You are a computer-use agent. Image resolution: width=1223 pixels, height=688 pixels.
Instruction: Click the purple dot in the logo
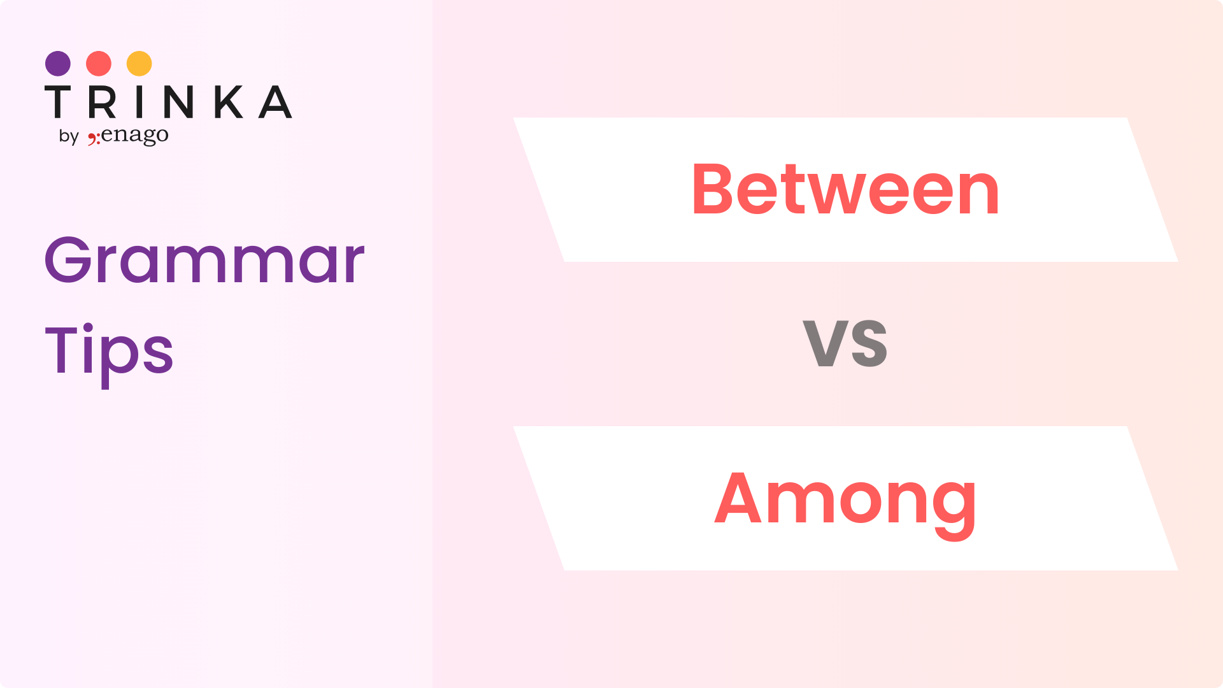tap(58, 64)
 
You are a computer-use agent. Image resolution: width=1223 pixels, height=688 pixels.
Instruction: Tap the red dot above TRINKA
tap(99, 64)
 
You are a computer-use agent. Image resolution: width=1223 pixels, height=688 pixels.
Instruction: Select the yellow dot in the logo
tap(139, 64)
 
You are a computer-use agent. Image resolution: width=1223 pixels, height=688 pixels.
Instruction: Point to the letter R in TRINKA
tap(102, 102)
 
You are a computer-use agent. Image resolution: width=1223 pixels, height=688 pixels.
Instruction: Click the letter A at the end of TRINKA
tap(275, 102)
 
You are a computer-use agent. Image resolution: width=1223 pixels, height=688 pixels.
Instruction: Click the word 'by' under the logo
tap(69, 136)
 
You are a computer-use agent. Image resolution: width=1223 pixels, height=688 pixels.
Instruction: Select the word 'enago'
tap(135, 136)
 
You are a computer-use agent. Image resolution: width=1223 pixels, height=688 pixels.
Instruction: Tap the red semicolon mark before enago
tap(94, 138)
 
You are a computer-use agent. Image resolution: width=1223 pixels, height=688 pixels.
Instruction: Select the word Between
tap(845, 189)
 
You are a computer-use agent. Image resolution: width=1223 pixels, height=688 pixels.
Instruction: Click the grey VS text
tap(845, 343)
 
